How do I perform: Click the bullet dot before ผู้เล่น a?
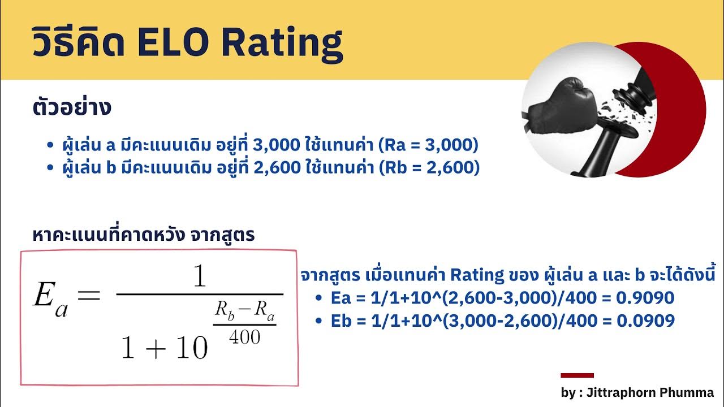(x=51, y=146)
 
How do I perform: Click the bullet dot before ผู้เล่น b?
(x=51, y=168)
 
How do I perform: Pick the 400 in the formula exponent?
(x=245, y=337)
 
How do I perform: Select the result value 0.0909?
(x=647, y=321)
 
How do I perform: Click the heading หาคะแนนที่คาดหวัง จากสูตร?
(x=144, y=235)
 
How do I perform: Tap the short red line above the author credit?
(x=577, y=375)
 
